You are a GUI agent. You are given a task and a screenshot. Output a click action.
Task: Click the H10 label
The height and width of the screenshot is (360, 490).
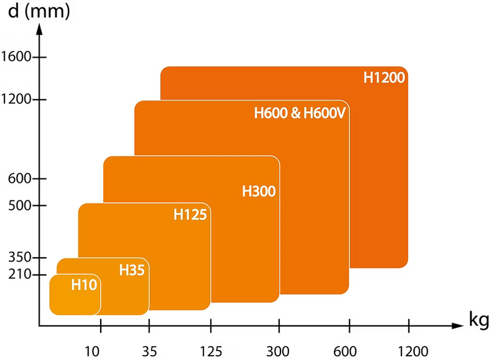click(84, 285)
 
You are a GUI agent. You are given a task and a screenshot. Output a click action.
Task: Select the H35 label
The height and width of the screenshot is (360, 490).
click(132, 270)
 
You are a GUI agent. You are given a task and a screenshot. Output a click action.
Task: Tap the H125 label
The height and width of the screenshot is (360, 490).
click(190, 215)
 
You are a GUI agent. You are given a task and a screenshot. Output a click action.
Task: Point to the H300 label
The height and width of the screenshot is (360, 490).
click(259, 191)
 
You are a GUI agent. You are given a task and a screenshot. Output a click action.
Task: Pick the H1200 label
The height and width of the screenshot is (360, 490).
click(385, 77)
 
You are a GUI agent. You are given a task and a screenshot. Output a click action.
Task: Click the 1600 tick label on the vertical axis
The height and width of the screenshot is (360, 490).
click(16, 56)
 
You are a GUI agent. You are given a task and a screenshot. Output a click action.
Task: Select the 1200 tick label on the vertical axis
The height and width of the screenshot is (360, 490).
click(16, 99)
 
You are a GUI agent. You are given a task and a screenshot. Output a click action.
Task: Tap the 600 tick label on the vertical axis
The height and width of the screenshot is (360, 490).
click(20, 179)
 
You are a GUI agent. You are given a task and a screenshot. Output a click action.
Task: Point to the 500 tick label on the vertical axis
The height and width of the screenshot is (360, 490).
click(20, 206)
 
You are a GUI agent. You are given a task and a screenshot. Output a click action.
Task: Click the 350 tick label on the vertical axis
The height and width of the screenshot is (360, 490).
click(20, 258)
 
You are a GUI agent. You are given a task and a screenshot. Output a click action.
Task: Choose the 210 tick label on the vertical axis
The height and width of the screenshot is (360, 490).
click(20, 275)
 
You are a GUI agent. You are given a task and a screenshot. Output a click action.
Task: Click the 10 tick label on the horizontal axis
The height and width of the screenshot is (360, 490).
click(93, 351)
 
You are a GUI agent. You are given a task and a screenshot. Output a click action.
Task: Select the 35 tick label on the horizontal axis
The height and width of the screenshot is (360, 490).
click(150, 351)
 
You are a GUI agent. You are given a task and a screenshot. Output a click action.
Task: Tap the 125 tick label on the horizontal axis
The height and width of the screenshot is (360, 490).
click(211, 351)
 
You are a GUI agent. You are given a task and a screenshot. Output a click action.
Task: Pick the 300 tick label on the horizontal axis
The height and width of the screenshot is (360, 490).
click(279, 351)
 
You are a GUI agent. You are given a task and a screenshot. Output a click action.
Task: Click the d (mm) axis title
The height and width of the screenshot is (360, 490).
click(39, 11)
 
